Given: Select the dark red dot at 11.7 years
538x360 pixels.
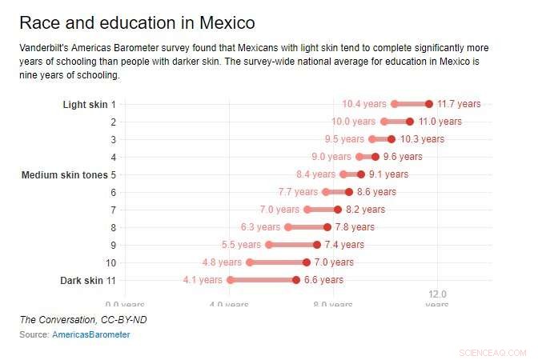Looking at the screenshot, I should pos(429,104).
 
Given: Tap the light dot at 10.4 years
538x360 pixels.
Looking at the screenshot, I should pos(395,104).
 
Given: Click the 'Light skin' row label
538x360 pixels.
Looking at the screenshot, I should pos(86,104).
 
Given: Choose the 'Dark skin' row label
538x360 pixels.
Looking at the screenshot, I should pos(82,280).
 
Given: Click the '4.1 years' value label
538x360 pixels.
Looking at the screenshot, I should pos(203,280).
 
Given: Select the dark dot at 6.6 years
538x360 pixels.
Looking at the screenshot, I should pos(296,280).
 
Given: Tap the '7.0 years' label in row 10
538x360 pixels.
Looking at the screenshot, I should pos(334,262).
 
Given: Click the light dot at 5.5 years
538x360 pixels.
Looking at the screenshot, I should pos(269,245).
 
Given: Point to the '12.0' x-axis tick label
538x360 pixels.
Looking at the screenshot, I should pos(437,294).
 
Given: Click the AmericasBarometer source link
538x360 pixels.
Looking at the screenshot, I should pos(90,334).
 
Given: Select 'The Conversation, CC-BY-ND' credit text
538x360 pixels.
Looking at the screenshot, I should pos(83,320).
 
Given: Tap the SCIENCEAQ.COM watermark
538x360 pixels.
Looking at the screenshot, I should pos(493,352).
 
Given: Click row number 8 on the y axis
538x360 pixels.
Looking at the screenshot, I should pos(113,227).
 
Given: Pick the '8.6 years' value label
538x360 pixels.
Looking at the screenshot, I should pos(376,192).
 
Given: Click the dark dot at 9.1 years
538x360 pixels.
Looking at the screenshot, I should pos(360,174).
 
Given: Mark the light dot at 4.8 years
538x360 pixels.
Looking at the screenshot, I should pos(250,262).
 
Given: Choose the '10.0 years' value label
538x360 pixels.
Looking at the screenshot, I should pos(353,122).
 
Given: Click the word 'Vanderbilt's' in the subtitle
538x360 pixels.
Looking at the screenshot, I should pos(46,48).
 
